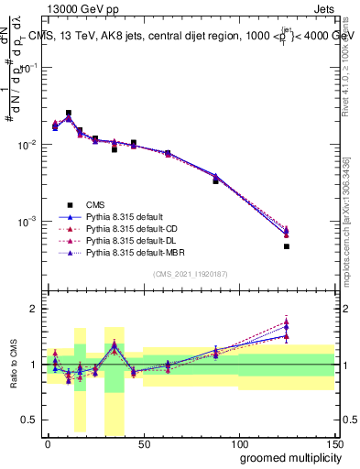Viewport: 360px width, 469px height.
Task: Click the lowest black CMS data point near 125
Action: pos(286,246)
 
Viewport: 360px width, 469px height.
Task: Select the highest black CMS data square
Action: pos(69,114)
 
